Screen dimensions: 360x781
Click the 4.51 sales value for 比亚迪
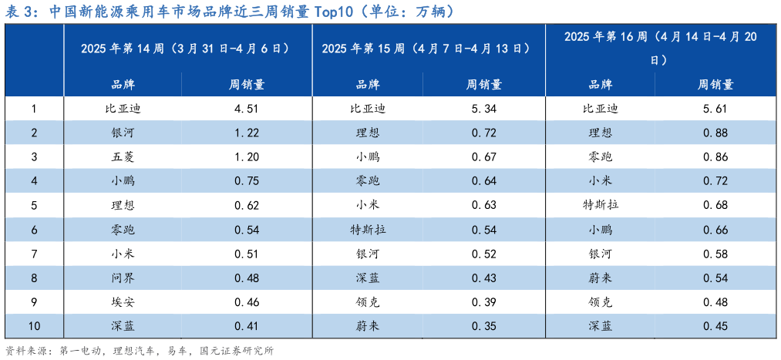tap(247, 109)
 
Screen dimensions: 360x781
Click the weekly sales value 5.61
tap(715, 109)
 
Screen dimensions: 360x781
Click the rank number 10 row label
tap(34, 325)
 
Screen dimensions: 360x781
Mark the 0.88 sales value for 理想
tap(715, 133)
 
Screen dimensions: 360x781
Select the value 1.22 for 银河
tap(247, 133)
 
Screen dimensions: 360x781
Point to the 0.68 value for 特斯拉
tap(715, 205)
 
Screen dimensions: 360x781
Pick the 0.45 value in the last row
tap(715, 325)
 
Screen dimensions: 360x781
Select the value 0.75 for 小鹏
tap(247, 181)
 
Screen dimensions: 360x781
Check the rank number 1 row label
tap(34, 109)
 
